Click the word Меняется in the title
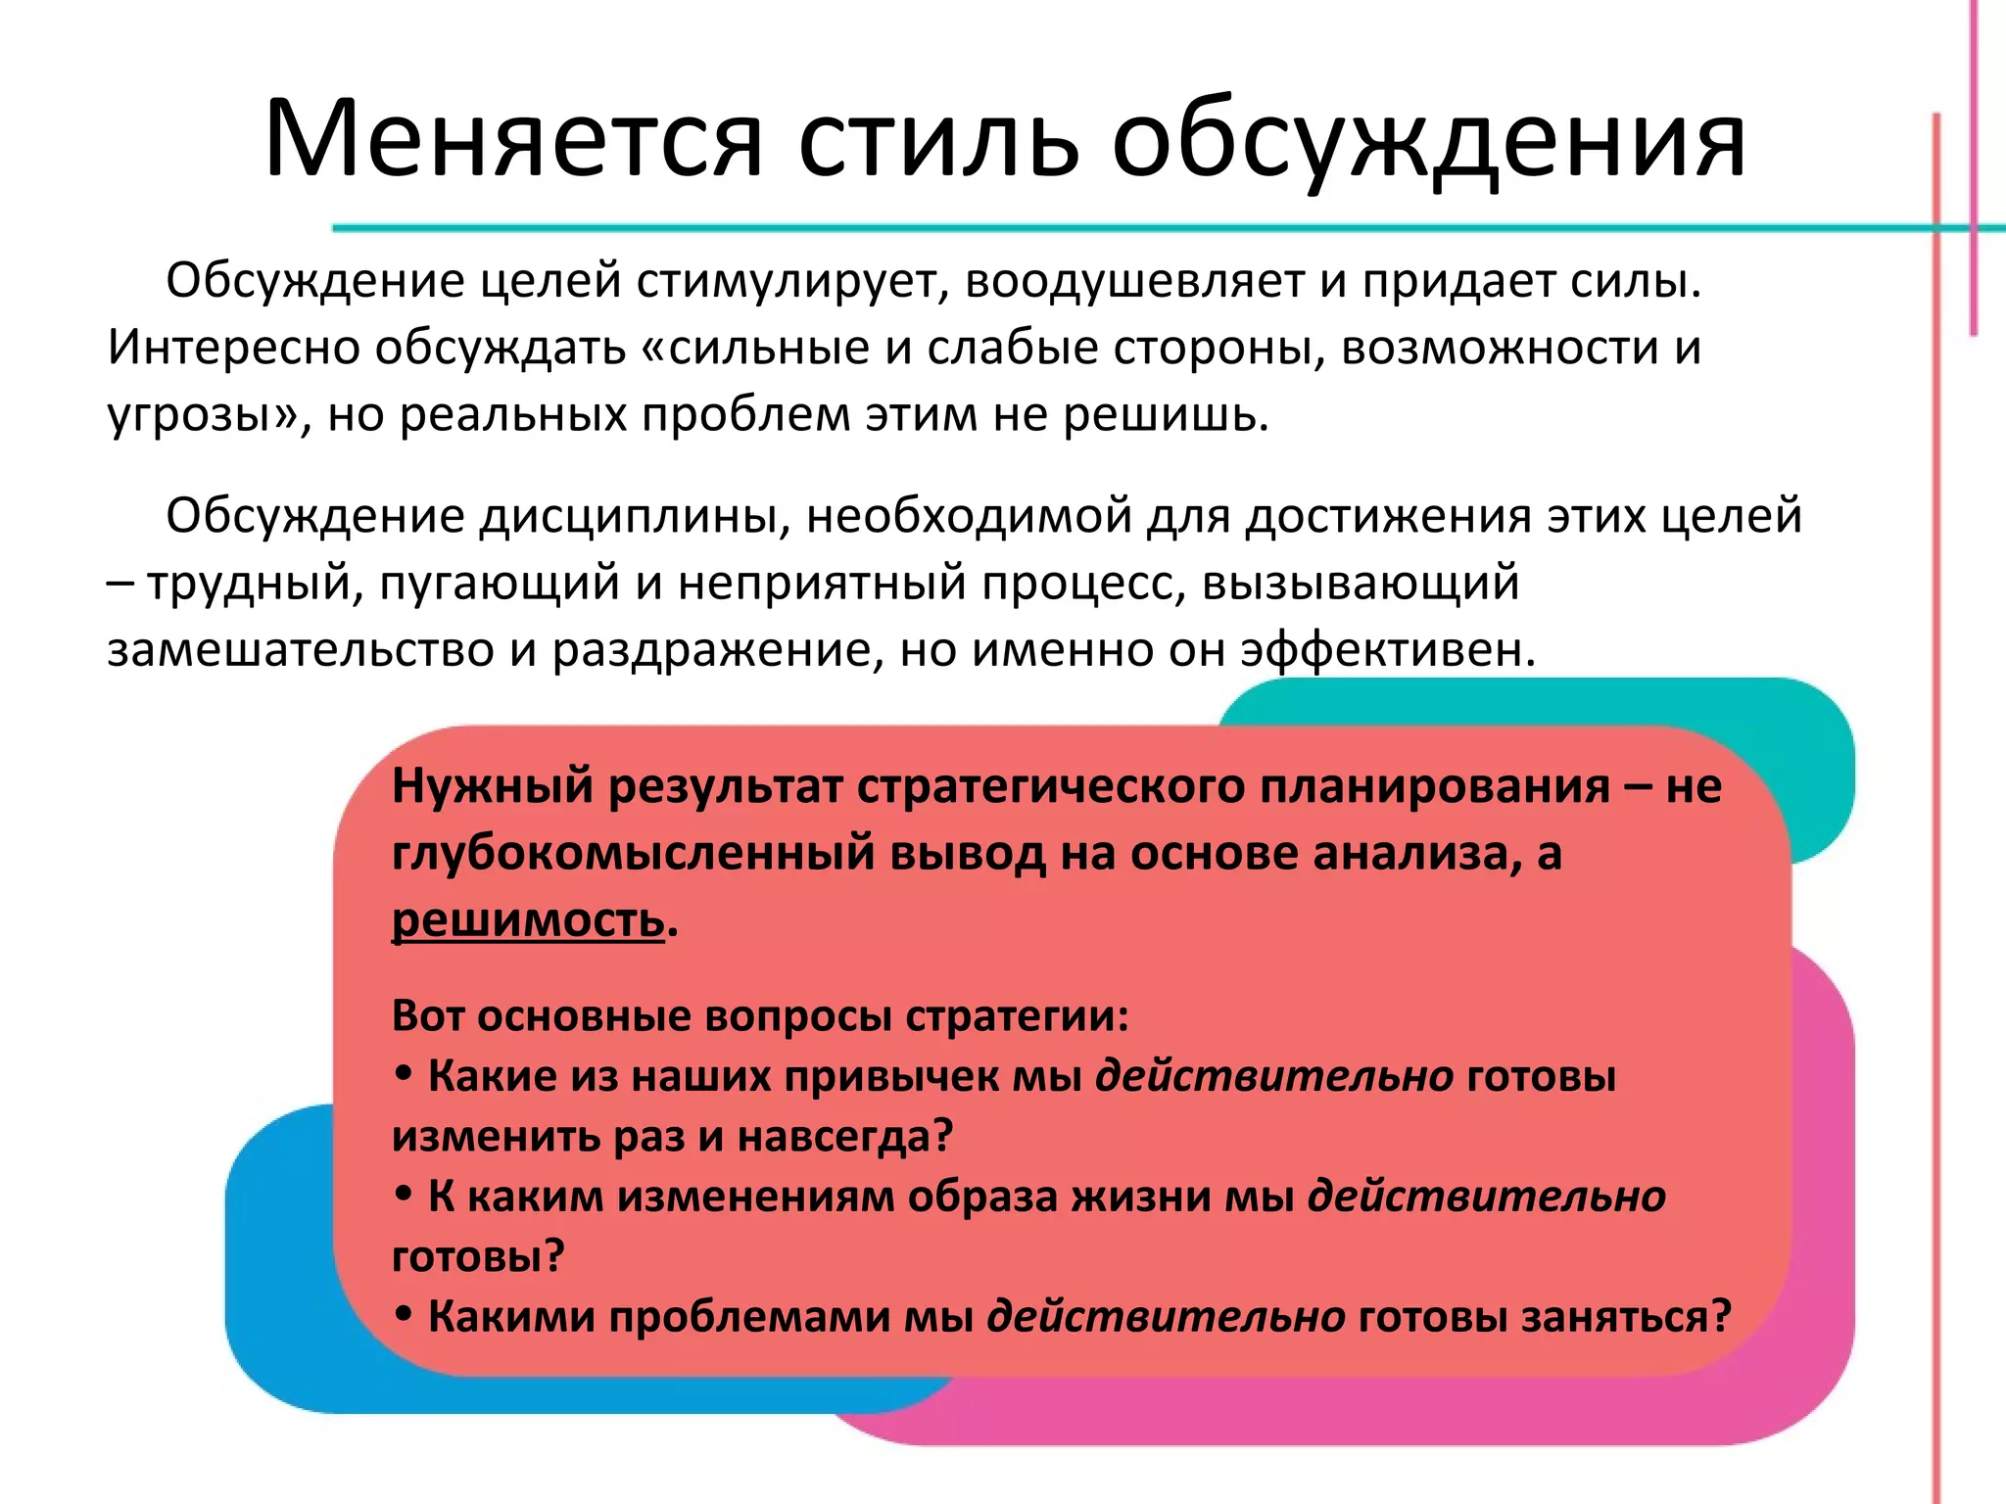tap(513, 140)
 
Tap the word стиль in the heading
tap(938, 140)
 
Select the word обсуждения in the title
tap(1429, 140)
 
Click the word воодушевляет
tap(1134, 282)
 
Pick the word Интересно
tap(233, 349)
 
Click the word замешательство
tap(300, 650)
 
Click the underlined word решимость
tap(528, 920)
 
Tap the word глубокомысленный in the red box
tap(633, 854)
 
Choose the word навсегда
tap(844, 1137)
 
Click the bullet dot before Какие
tap(404, 1075)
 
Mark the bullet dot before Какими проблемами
tap(404, 1315)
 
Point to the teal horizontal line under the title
tap(1077, 228)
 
